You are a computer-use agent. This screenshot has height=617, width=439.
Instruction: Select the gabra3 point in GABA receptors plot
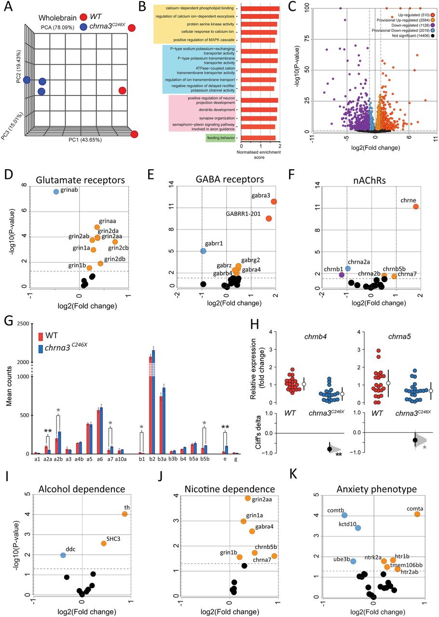pos(274,201)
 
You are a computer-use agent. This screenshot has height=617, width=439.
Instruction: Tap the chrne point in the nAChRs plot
pos(415,206)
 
